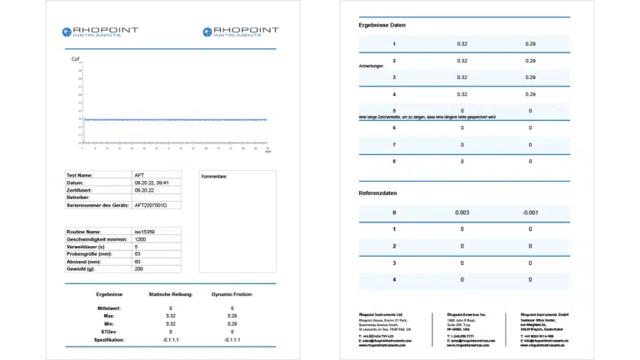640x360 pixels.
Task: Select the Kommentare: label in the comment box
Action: (214, 177)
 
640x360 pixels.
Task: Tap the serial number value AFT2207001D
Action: (151, 204)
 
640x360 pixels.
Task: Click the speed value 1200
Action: (140, 239)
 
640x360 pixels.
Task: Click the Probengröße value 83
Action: (137, 254)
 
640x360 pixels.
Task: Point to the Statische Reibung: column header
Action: (171, 294)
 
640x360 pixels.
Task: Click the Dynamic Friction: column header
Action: (232, 294)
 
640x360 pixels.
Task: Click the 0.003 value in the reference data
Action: (462, 212)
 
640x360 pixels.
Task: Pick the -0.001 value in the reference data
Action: (530, 212)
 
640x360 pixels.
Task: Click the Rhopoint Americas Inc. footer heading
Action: (467, 313)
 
